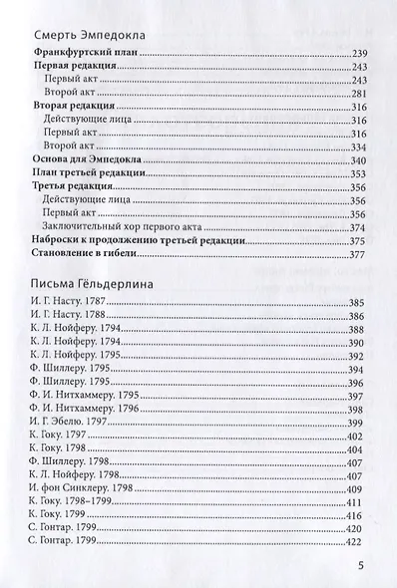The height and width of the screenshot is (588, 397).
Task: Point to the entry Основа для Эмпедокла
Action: pyautogui.click(x=89, y=159)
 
